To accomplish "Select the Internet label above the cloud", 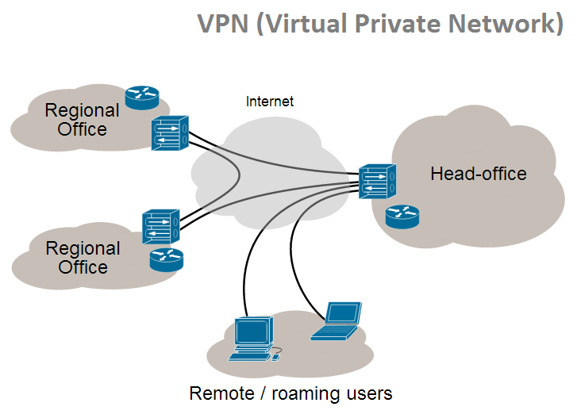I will coord(270,101).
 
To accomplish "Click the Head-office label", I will coord(478,173).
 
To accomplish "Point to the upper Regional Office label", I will coord(82,119).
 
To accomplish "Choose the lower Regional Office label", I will coord(82,257).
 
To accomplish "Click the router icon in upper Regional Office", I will coord(141,97).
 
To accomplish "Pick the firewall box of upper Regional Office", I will coord(170,132).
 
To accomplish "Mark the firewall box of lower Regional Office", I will coord(160,227).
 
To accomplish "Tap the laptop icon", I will coord(337,320).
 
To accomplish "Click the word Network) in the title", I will coord(506,24).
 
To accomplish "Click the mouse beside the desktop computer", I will coord(276,356).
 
